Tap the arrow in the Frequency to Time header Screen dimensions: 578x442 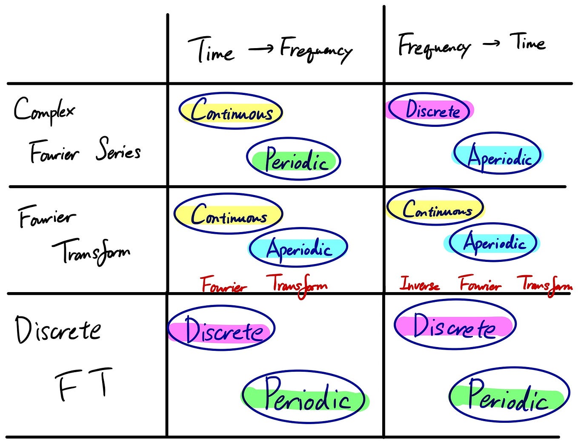click(491, 43)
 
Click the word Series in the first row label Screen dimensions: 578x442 click(118, 150)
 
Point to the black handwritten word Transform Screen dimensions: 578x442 click(91, 252)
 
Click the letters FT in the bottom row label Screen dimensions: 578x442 click(84, 384)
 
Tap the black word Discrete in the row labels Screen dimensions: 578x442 click(58, 330)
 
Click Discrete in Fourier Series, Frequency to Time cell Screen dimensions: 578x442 click(431, 110)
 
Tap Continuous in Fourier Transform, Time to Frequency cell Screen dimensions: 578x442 click(229, 215)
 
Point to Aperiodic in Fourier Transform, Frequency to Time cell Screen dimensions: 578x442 click(494, 243)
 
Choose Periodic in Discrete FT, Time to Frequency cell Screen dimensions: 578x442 click(305, 396)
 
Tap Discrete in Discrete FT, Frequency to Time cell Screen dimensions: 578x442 click(455, 326)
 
